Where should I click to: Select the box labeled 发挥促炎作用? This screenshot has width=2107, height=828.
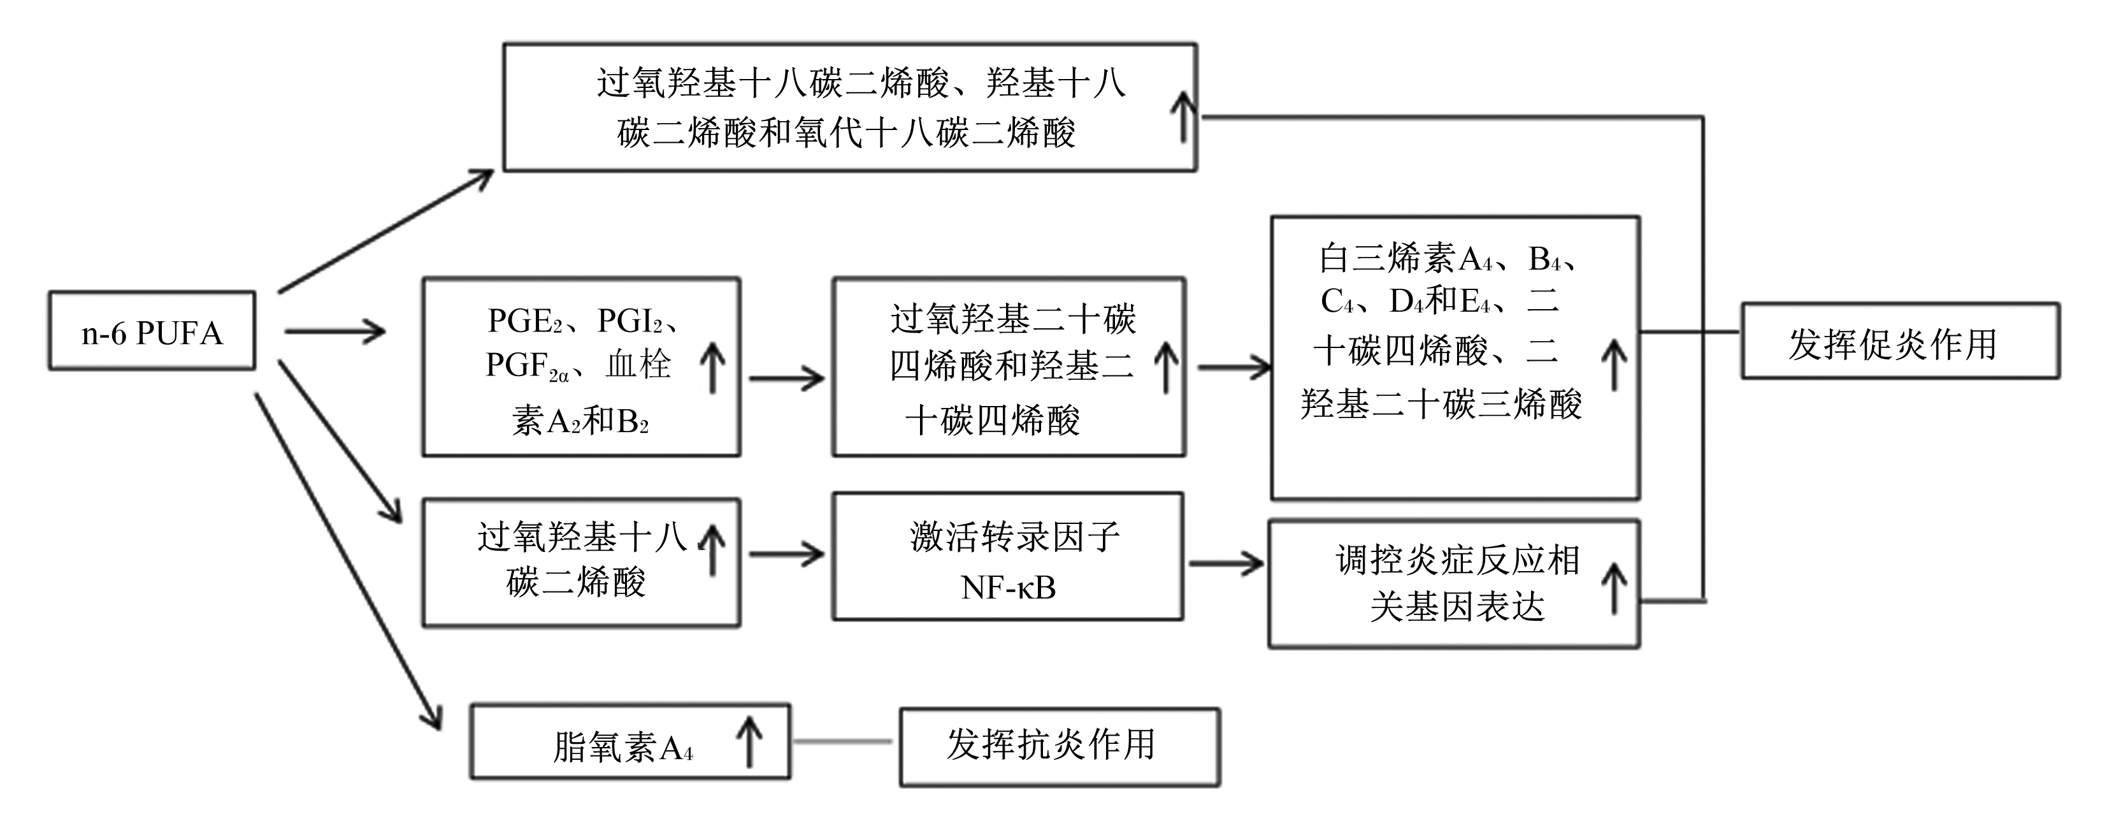[x=1900, y=340]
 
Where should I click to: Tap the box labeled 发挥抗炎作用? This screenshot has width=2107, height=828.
[x=1060, y=747]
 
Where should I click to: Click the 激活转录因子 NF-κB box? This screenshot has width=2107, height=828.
[x=1008, y=556]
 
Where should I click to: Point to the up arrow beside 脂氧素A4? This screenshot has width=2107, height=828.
[x=749, y=741]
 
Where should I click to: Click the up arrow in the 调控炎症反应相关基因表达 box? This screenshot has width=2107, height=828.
[x=1614, y=589]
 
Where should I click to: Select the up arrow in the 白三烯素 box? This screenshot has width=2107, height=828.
[x=1614, y=365]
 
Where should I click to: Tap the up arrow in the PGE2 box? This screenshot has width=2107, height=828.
[x=712, y=367]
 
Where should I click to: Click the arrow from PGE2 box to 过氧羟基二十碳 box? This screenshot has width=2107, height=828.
[x=787, y=379]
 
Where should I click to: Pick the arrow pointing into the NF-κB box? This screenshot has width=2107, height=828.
[x=787, y=554]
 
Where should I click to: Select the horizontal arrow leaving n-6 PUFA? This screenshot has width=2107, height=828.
[x=335, y=331]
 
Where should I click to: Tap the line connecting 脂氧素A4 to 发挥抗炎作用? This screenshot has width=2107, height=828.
[x=844, y=741]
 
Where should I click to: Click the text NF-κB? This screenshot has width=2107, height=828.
[x=1008, y=586]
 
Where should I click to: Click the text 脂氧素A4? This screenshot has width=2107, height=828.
[x=622, y=747]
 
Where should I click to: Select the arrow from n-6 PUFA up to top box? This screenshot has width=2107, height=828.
[x=386, y=231]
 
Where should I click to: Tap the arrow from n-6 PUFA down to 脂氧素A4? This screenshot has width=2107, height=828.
[x=349, y=562]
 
